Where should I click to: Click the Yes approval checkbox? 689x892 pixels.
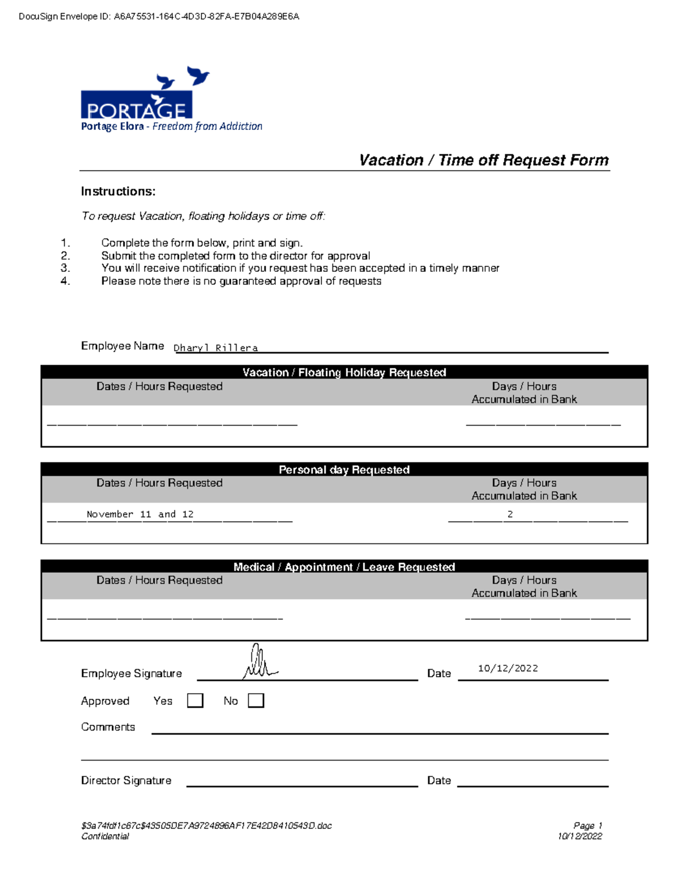195,700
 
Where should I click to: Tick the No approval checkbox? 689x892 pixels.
256,700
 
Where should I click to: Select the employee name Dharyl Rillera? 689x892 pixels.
216,347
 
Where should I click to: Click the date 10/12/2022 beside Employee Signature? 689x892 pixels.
508,668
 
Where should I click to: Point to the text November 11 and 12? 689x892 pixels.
140,514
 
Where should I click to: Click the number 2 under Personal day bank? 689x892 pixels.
510,514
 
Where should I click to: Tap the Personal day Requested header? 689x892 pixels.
344,469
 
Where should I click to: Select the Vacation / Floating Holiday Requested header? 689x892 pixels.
344,372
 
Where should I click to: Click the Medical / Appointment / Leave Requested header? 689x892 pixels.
344,567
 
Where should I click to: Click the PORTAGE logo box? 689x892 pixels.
137,105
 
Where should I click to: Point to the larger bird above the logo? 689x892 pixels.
198,75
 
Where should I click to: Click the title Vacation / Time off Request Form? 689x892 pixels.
483,160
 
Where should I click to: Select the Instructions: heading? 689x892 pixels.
118,191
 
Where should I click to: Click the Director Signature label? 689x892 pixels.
126,780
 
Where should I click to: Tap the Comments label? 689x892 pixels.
108,727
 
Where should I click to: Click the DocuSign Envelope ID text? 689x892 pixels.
159,17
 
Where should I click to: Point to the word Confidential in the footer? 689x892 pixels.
105,836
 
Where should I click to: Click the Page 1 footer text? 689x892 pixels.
587,825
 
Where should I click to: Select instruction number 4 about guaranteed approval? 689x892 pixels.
241,281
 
